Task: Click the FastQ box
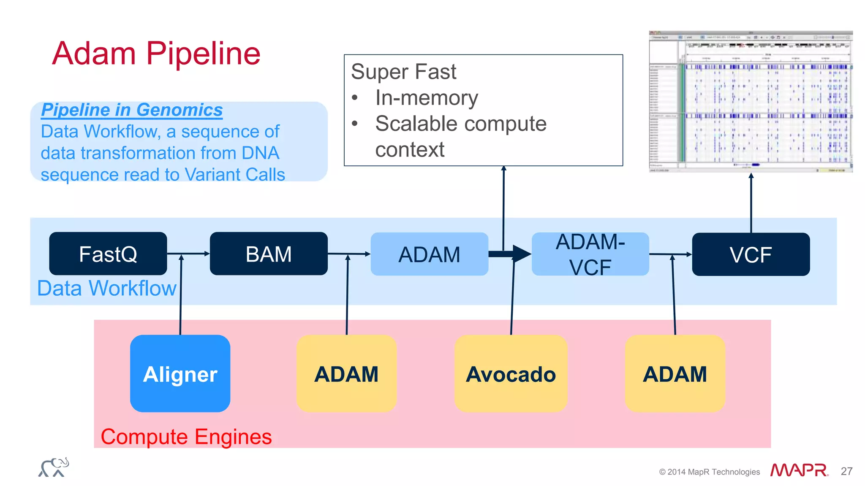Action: pos(108,254)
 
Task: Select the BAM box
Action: pos(269,254)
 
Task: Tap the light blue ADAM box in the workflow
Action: pos(429,254)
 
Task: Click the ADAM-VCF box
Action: pos(590,254)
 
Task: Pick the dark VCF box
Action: pos(751,254)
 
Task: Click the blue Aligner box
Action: pos(180,373)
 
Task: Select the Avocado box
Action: pos(510,373)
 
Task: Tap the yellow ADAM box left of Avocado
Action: pos(346,373)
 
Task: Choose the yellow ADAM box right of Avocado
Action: pos(675,373)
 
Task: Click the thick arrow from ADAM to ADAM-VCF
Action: pos(509,254)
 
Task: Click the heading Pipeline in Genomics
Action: pos(132,110)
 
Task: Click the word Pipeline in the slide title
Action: pos(203,54)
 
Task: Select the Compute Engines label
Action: pos(186,437)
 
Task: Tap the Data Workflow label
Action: pos(106,289)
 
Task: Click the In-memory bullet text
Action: pos(426,98)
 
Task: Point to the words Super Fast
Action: pos(403,72)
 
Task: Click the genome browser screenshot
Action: pos(751,101)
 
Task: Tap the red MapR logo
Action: pos(799,470)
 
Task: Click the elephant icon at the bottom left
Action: pos(54,467)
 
